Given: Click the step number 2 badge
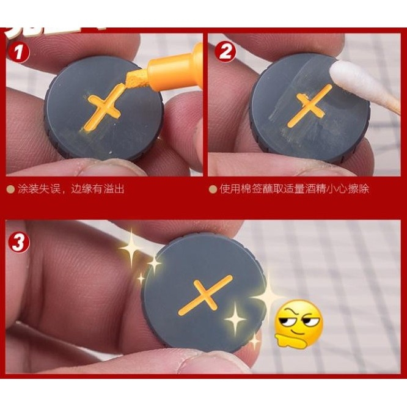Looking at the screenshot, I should coord(226,52).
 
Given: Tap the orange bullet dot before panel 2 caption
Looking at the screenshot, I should coord(213,189).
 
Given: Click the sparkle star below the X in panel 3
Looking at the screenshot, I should coord(235,318).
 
